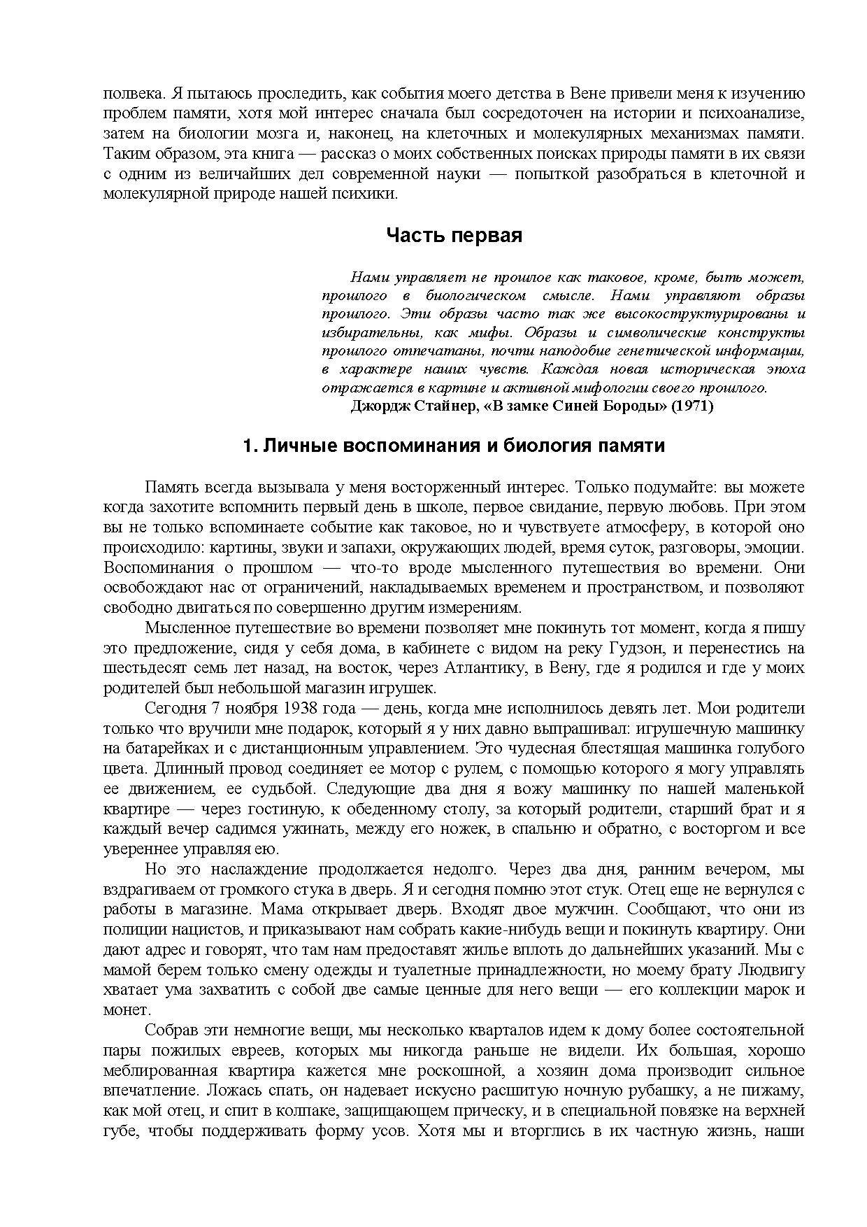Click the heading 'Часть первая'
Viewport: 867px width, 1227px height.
pyautogui.click(x=454, y=236)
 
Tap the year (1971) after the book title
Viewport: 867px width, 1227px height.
pyautogui.click(x=692, y=406)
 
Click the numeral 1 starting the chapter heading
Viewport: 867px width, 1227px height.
pyautogui.click(x=248, y=446)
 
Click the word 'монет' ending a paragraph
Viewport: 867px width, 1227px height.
pyautogui.click(x=125, y=1010)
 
